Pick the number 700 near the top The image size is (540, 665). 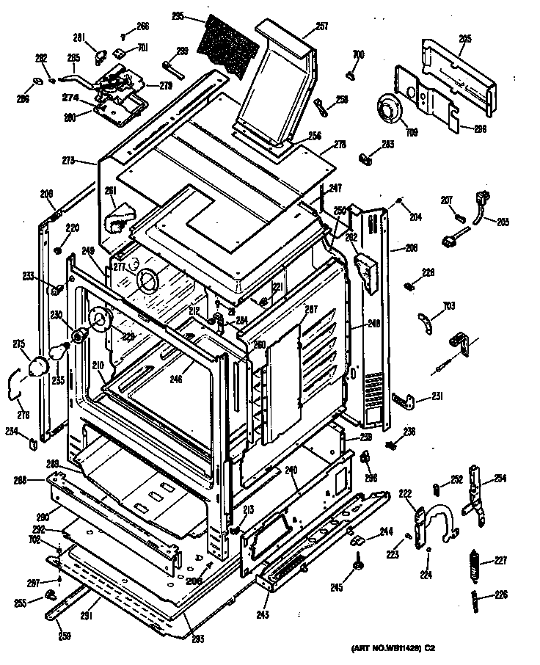click(358, 54)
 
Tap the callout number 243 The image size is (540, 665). click(263, 614)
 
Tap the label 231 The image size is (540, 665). click(437, 396)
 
